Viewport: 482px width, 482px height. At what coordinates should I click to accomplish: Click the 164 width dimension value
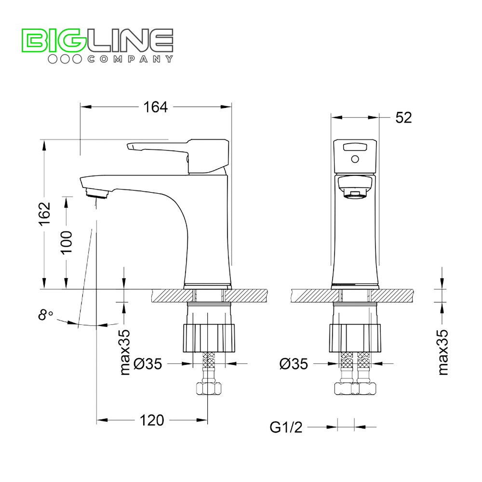coord(156,107)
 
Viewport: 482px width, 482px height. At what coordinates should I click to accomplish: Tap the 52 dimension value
coord(403,118)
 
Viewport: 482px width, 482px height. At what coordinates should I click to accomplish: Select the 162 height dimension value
coord(44,214)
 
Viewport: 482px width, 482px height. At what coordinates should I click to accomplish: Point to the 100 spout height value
coord(66,242)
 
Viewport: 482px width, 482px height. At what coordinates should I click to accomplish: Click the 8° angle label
coord(45,315)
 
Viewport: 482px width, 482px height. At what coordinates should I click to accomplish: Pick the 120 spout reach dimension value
coord(152,420)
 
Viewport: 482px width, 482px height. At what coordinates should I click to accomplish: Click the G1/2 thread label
coord(286,427)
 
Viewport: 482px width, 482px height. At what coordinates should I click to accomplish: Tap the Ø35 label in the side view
coord(148,364)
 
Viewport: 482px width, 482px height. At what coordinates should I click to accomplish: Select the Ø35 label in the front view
coord(294,364)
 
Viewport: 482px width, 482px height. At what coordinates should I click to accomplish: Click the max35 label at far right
coord(442,352)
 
